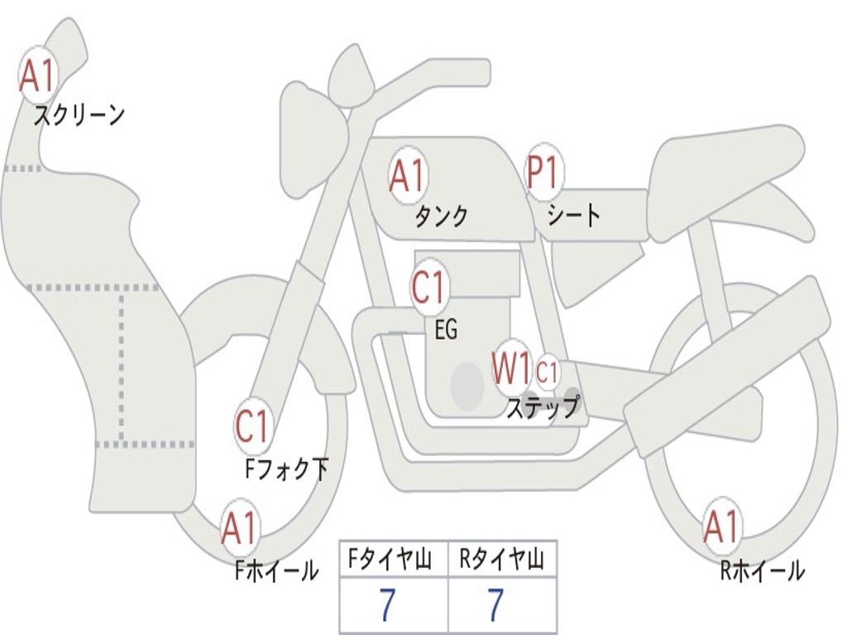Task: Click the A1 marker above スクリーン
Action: point(36,75)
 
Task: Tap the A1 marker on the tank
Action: point(408,175)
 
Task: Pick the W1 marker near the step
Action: point(512,369)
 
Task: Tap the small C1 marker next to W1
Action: point(548,373)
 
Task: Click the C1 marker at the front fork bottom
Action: point(252,427)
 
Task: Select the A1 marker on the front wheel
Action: point(240,529)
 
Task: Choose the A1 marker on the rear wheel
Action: point(721,528)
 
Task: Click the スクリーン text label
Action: point(79,115)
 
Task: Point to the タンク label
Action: point(441,217)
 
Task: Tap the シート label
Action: point(573,217)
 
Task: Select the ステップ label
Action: point(543,408)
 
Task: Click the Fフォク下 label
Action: point(286,470)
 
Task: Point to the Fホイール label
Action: point(275,571)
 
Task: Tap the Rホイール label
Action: point(762,571)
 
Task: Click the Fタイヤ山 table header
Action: point(393,560)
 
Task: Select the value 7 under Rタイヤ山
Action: point(495,606)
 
